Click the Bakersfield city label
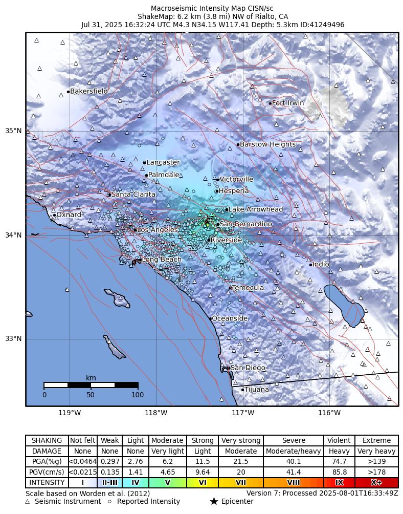89,92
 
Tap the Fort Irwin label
288,103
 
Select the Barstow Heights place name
268,144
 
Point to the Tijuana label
257,390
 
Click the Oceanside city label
230,318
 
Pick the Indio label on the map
321,265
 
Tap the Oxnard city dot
54,215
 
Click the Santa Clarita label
133,195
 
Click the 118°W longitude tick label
156,413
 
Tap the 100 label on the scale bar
138,395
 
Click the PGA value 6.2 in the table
167,462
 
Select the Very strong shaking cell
241,441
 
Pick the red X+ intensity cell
376,483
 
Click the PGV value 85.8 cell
339,472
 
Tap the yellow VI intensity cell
203,483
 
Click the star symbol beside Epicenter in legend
214,502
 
